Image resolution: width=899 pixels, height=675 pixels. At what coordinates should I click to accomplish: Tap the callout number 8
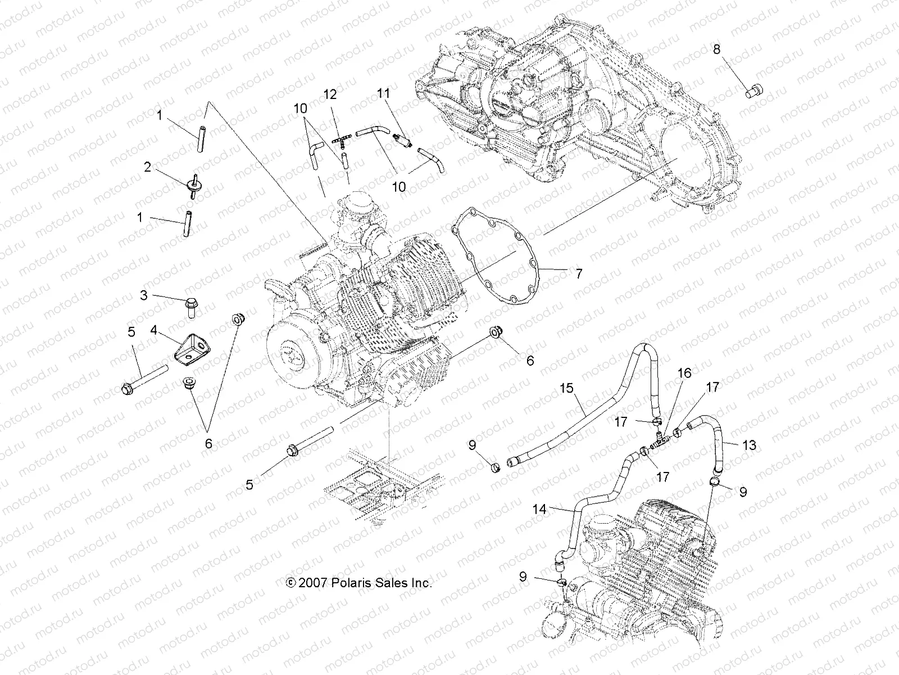716,49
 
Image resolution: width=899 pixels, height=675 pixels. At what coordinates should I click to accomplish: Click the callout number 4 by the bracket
153,331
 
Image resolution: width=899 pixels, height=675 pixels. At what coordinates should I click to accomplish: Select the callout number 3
144,295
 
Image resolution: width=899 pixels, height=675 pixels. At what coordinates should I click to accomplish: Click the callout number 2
148,167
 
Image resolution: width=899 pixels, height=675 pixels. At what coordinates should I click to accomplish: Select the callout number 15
566,388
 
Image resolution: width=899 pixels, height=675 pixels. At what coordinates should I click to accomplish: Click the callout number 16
684,373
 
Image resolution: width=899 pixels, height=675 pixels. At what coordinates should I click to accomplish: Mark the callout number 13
749,445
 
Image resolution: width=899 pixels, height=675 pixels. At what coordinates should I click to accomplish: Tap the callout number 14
539,510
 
